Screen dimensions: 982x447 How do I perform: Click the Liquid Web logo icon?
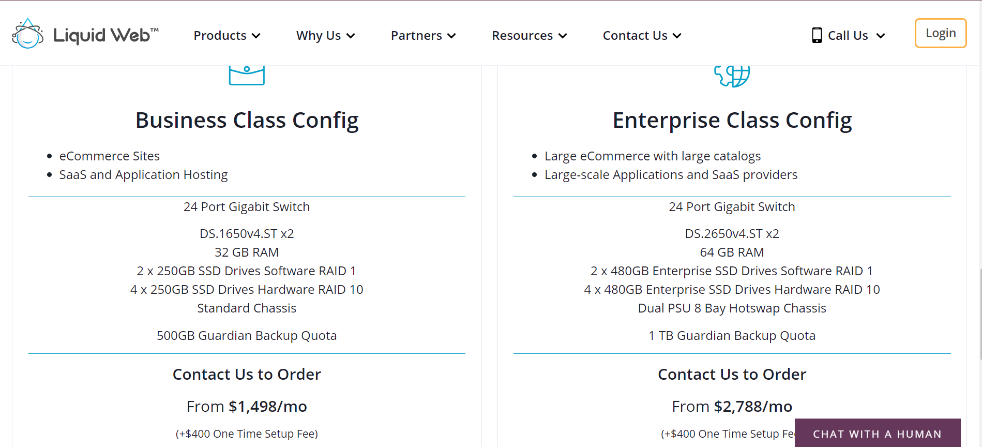tap(28, 34)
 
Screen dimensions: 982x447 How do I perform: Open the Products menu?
tap(227, 36)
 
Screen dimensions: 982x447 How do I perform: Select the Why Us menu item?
tap(326, 36)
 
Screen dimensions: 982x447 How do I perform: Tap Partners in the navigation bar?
tap(424, 36)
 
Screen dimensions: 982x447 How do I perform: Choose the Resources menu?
tap(530, 36)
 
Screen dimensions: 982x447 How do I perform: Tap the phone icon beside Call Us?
tap(817, 35)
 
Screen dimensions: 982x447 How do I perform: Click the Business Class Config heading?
tap(247, 121)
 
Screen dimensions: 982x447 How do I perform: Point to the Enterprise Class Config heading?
tap(732, 121)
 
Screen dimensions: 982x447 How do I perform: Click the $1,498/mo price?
tap(268, 407)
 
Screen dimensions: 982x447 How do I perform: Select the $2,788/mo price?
tap(753, 407)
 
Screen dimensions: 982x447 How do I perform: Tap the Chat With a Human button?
tap(878, 433)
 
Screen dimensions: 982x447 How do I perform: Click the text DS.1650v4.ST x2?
tap(247, 234)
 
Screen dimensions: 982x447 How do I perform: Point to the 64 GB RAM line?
tap(732, 252)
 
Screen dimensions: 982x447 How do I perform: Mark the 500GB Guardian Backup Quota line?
tap(247, 336)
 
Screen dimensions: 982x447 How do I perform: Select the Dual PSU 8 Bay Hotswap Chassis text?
tap(732, 308)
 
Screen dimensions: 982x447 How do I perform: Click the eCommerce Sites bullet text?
tap(110, 156)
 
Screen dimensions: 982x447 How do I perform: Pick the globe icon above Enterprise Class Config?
tap(732, 76)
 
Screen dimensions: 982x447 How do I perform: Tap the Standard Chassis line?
tap(247, 308)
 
